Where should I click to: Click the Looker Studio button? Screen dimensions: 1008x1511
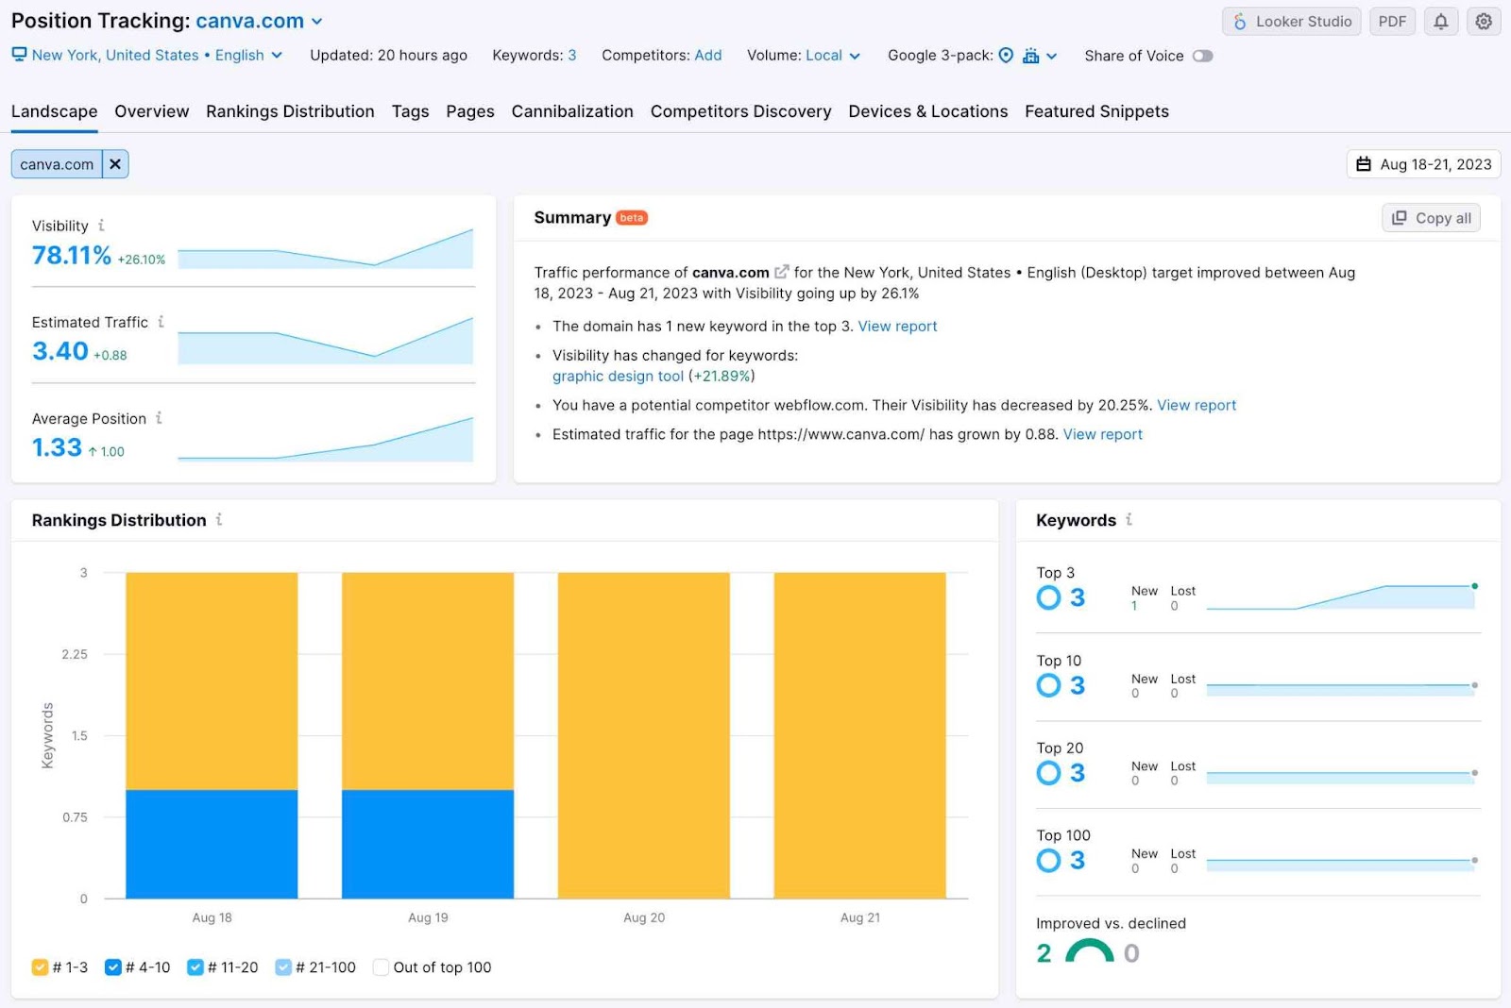(1292, 22)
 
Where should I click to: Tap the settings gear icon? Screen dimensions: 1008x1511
(1484, 22)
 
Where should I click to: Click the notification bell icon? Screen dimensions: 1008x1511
(1440, 22)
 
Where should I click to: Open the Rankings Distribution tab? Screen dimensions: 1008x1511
(290, 111)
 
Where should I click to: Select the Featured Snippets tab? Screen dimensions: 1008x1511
(1096, 111)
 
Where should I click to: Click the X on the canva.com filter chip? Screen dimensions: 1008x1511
(115, 164)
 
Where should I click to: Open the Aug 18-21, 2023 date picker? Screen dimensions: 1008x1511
(1423, 164)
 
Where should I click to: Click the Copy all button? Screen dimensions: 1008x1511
(1431, 218)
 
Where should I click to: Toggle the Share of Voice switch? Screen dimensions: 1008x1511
(1201, 56)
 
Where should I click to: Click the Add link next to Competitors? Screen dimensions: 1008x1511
(707, 56)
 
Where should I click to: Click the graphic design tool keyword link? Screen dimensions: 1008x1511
(618, 376)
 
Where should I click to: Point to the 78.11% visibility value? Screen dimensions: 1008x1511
(72, 256)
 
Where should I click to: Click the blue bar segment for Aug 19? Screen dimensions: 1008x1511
(428, 843)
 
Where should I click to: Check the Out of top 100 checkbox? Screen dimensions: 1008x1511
(382, 967)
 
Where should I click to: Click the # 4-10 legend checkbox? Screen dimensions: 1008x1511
(113, 967)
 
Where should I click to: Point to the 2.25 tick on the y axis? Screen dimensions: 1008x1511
(75, 654)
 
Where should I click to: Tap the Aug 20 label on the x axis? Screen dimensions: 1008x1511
(644, 917)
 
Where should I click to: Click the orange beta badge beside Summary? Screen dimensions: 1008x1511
(631, 218)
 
